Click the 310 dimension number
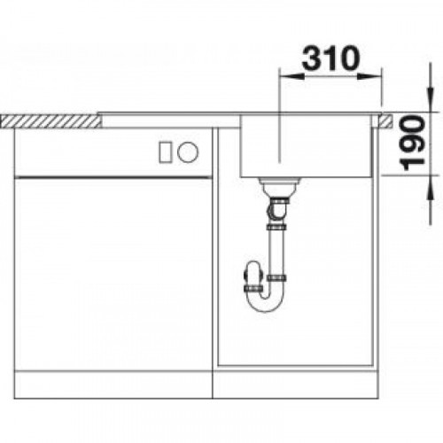pos(330,58)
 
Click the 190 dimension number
pos(412,144)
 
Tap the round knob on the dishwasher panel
pos(188,152)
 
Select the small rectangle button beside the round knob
pos(165,152)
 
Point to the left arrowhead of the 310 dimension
pos(291,76)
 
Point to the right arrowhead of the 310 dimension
pos(369,76)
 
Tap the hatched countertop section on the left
pos(51,121)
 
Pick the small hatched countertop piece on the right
pos(386,121)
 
